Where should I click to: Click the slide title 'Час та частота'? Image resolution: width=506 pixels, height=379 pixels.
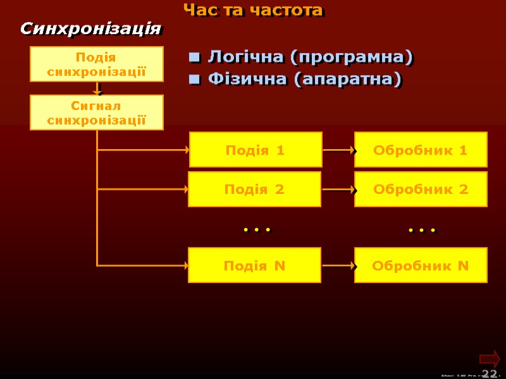253,11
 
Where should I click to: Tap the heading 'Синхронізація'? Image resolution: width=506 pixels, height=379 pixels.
91,29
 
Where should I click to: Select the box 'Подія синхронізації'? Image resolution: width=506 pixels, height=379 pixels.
97,64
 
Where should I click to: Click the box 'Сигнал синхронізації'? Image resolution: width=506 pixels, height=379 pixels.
97,112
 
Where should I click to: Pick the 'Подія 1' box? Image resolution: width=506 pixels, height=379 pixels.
256,150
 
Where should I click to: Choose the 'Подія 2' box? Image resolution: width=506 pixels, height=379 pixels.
254,189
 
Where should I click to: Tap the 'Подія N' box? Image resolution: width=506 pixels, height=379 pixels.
254,265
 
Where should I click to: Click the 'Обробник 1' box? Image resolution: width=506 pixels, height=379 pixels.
421,150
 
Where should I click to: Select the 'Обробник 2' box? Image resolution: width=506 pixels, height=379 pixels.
421,189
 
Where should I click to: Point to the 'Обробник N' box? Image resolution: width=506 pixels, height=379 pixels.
421,265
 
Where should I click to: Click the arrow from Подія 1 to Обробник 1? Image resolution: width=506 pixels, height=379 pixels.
339,151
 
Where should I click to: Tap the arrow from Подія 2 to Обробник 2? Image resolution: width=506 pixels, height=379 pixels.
339,189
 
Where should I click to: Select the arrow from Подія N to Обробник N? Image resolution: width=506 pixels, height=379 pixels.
339,266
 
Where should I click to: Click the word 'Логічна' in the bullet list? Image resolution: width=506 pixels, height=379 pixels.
246,57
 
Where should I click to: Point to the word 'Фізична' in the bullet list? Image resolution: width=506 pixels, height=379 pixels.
247,80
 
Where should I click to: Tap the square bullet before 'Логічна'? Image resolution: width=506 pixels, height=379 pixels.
195,59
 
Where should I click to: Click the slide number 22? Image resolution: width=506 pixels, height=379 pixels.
489,373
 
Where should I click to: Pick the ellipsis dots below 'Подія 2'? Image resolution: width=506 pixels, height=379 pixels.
257,230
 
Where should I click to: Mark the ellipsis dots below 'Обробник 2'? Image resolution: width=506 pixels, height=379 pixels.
422,231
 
